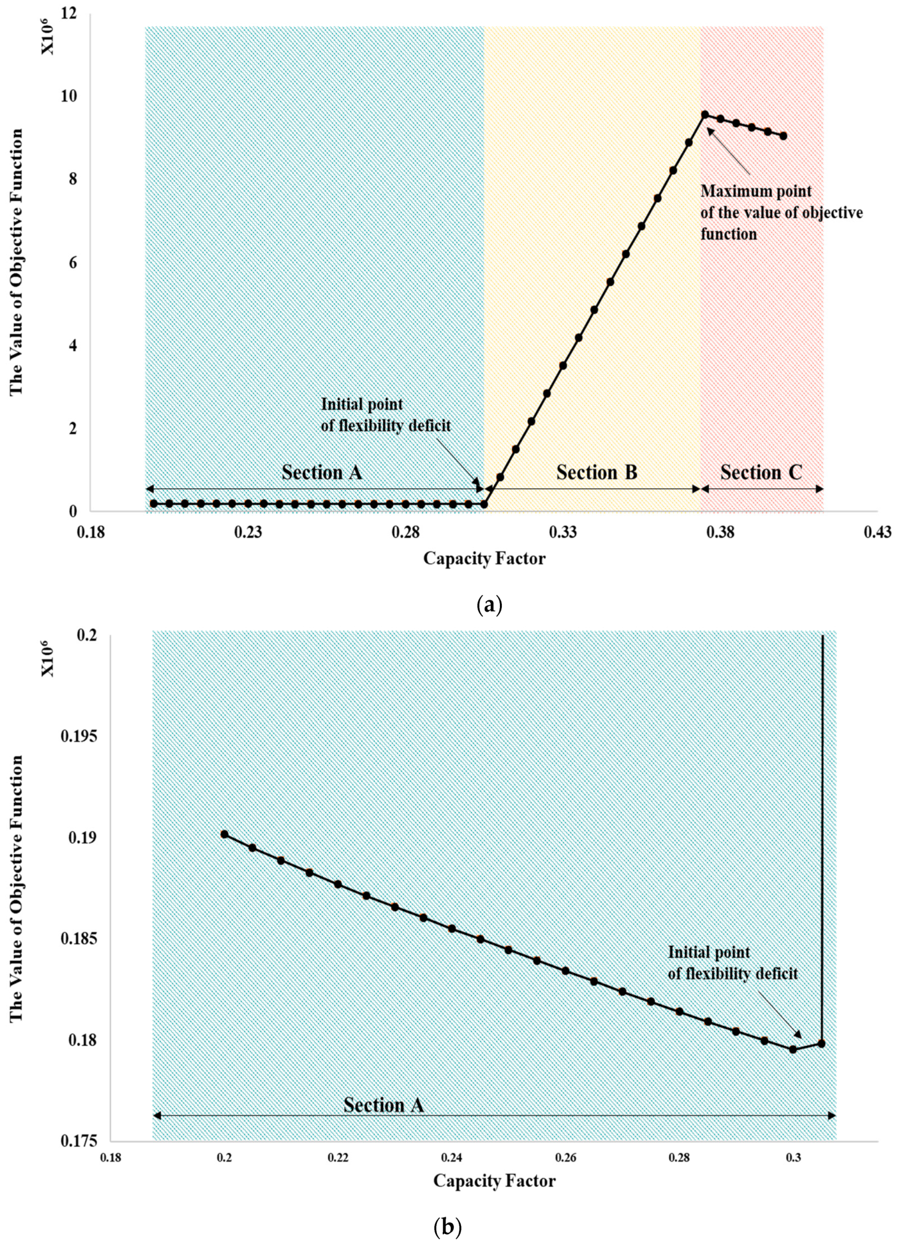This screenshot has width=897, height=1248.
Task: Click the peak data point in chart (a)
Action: (x=705, y=115)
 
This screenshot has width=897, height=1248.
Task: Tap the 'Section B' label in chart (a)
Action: (x=597, y=472)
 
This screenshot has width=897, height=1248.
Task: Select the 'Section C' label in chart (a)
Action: (x=762, y=472)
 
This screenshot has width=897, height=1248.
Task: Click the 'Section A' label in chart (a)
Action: (x=322, y=472)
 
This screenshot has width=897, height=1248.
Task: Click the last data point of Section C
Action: (x=783, y=136)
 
